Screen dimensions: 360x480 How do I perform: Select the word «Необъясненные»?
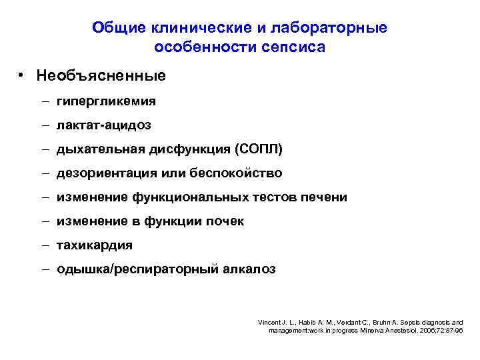[x=101, y=76]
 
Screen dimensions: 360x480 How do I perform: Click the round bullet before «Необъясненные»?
[x=22, y=75]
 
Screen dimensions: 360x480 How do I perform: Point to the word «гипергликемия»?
[x=107, y=101]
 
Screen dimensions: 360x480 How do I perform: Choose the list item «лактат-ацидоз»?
[x=104, y=125]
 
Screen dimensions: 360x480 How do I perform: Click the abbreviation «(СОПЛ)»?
[x=248, y=149]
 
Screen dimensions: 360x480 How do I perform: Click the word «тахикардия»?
[x=95, y=245]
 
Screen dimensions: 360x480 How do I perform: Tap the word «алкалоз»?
[x=250, y=269]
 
